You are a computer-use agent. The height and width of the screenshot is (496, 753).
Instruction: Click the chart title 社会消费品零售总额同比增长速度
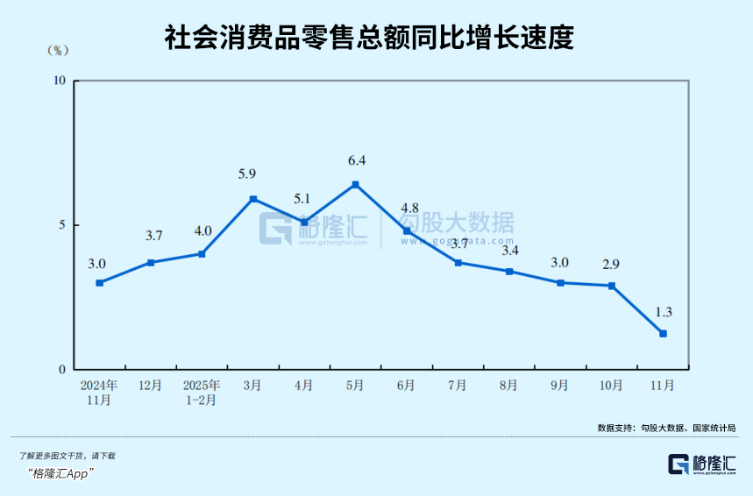click(x=369, y=37)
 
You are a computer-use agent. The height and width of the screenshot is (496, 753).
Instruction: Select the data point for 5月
click(x=355, y=184)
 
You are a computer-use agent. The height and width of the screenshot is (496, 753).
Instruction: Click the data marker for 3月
click(x=253, y=199)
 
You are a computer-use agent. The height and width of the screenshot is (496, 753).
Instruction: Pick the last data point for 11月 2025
click(x=664, y=333)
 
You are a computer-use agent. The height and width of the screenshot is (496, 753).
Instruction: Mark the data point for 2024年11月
click(x=99, y=283)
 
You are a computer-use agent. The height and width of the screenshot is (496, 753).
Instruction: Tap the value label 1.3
click(x=664, y=311)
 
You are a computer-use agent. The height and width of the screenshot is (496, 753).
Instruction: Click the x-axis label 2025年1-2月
click(x=202, y=393)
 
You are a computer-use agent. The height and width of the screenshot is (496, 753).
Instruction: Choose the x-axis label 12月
click(x=151, y=386)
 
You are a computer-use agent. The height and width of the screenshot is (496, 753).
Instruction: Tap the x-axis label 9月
click(x=560, y=386)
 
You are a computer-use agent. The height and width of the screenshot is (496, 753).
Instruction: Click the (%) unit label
click(x=59, y=50)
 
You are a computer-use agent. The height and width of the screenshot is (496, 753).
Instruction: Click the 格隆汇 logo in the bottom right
click(x=701, y=465)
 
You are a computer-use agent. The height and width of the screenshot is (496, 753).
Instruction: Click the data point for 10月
click(x=612, y=286)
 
